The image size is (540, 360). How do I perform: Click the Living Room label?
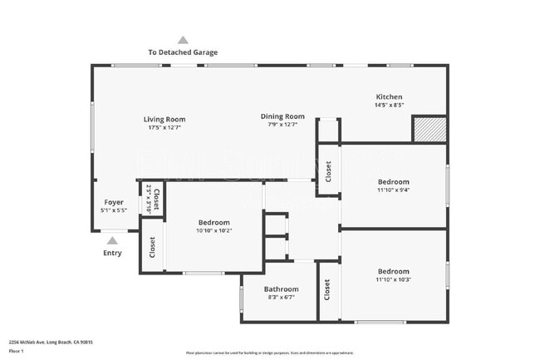164,120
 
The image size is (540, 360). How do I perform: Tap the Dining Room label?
282,116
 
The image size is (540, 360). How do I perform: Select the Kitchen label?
389,96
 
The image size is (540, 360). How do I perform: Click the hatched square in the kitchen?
430,129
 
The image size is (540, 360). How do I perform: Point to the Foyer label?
113,202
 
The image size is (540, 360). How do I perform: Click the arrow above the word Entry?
112,240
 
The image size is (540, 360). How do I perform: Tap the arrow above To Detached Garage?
183,40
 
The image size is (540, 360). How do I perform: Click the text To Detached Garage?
183,52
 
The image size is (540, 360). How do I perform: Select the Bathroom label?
281,289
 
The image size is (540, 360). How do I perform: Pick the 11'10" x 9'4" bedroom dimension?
393,190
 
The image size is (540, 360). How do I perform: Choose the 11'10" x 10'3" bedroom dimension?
393,279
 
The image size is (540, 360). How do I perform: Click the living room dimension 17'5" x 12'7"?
164,128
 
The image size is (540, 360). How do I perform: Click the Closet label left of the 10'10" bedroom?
152,247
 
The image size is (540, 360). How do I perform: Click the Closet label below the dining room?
329,171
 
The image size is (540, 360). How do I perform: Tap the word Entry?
112,253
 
